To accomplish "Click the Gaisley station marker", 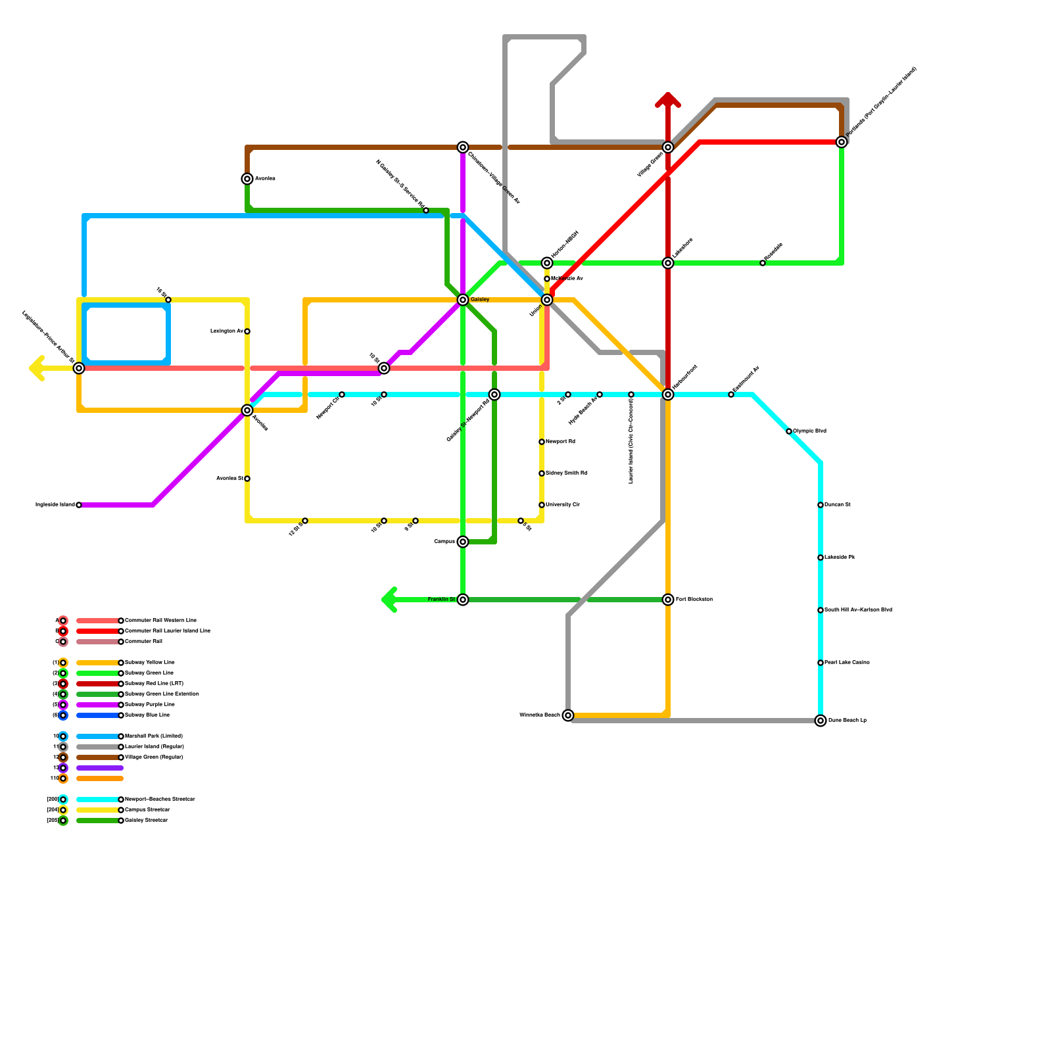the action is click(x=463, y=300).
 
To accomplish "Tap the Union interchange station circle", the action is click(x=547, y=300).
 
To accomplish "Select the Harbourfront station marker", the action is click(x=668, y=394).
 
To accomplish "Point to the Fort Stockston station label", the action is click(x=694, y=600).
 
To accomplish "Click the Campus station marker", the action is click(x=463, y=542).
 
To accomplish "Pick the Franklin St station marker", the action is click(x=463, y=600).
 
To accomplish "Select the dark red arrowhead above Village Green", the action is click(x=668, y=99).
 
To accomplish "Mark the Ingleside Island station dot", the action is click(x=79, y=505).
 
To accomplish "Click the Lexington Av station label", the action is click(x=227, y=331).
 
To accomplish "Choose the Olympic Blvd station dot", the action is click(x=789, y=431).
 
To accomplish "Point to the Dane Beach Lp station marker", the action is click(x=821, y=721).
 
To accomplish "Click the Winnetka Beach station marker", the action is click(x=568, y=715).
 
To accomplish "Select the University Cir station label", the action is click(x=563, y=505).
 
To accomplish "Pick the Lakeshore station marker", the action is click(x=668, y=263).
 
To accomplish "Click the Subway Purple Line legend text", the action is click(x=150, y=705).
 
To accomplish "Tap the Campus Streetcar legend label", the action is click(x=147, y=810).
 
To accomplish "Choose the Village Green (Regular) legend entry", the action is click(x=154, y=757).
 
